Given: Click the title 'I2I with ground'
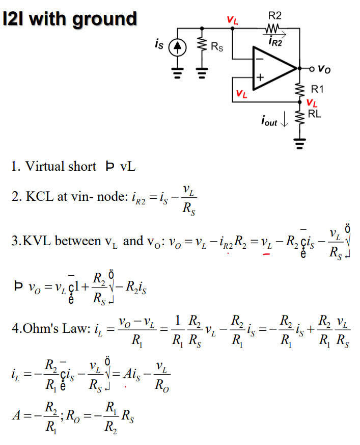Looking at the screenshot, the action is tap(70, 19).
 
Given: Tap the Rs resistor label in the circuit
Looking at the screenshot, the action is tap(217, 48).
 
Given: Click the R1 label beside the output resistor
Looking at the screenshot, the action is tap(317, 90).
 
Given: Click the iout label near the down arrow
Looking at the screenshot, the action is tap(268, 122).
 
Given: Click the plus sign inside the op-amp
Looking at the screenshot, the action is tap(260, 78).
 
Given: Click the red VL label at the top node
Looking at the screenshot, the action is tap(232, 21).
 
